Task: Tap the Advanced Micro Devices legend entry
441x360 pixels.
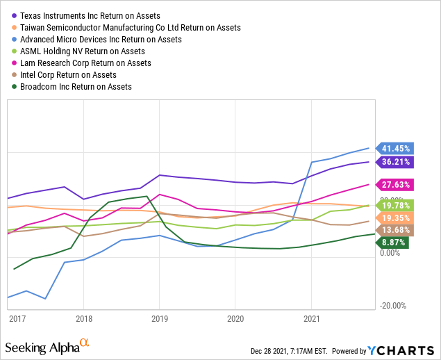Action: point(101,40)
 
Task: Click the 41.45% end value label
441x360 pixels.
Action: point(395,148)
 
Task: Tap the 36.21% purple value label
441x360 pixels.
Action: point(395,162)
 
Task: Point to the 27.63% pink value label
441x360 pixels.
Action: point(395,185)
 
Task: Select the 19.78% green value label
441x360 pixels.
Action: point(395,205)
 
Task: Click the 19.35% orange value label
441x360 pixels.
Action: point(395,218)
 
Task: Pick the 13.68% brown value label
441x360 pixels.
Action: point(395,230)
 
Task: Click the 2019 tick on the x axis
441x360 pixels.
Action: point(160,318)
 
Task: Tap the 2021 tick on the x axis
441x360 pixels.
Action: point(311,318)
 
